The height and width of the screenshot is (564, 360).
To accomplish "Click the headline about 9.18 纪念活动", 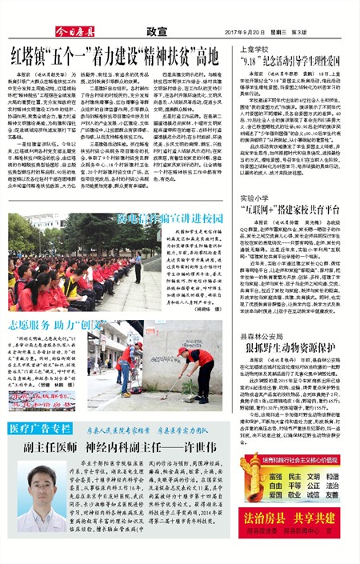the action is pyautogui.click(x=294, y=62).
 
